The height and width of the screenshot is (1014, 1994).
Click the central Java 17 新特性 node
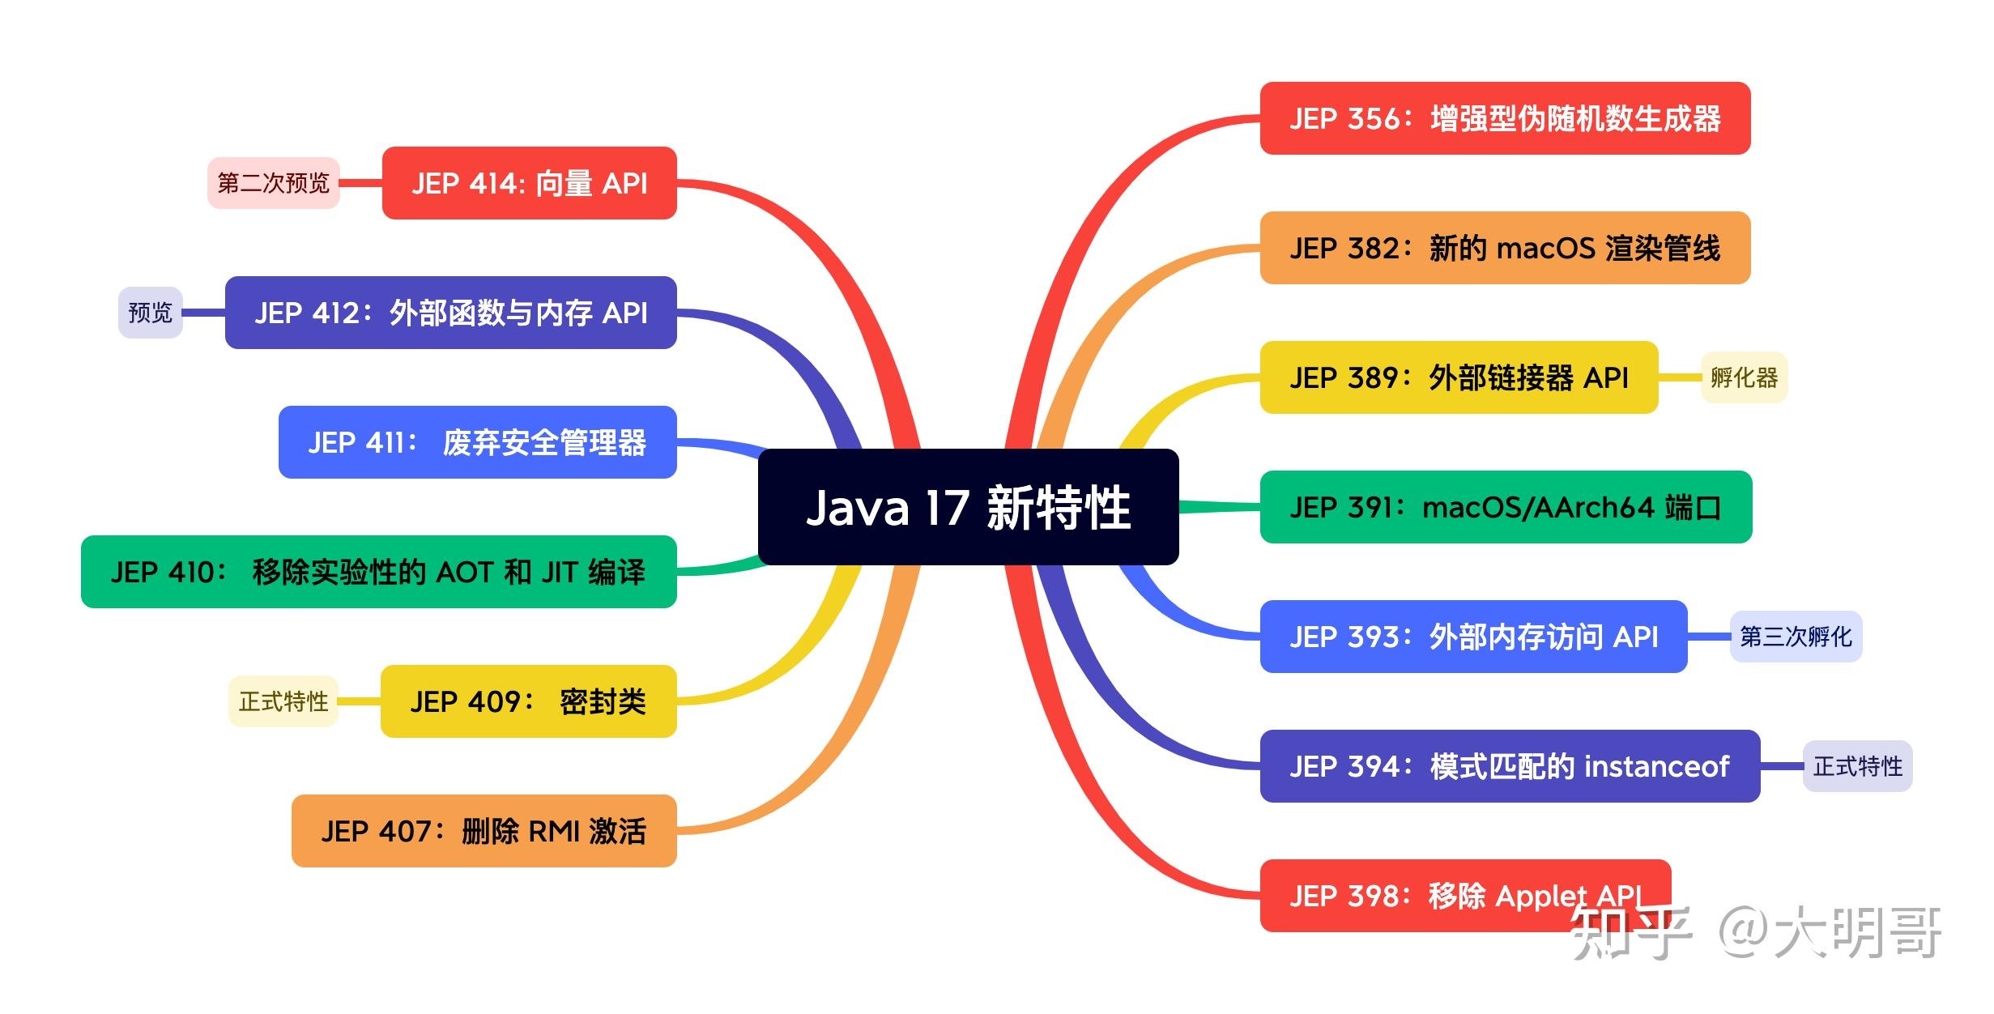[968, 507]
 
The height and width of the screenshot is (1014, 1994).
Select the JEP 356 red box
[1505, 118]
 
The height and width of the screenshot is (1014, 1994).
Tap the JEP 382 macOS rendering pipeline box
[1505, 248]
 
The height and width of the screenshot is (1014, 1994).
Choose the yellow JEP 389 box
[1459, 377]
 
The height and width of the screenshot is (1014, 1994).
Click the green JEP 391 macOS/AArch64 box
[1506, 507]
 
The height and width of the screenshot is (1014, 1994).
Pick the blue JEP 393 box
[1473, 637]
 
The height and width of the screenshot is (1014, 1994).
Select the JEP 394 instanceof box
[1510, 766]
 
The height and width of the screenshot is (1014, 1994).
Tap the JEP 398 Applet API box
[1465, 896]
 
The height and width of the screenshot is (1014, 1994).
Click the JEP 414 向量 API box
[529, 183]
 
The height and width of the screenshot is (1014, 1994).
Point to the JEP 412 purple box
[450, 313]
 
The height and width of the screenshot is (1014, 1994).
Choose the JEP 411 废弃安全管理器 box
[477, 442]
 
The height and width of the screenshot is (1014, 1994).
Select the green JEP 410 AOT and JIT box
[378, 572]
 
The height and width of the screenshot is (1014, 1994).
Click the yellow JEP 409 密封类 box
[528, 701]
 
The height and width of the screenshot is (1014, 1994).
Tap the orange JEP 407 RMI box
[484, 831]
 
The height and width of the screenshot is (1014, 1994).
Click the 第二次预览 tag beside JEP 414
[273, 183]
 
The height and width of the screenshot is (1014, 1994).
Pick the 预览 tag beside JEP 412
[151, 313]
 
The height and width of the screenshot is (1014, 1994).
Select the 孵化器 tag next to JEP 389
[1744, 377]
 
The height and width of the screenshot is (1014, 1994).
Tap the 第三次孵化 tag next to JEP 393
[1796, 637]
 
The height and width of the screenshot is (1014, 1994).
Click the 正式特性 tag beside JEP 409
[283, 701]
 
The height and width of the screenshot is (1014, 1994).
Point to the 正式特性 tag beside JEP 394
[1857, 766]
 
